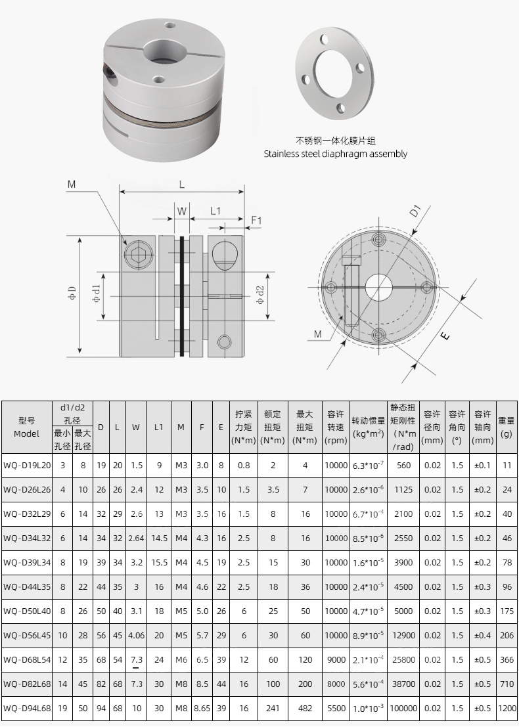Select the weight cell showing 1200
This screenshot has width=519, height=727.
pyautogui.click(x=507, y=708)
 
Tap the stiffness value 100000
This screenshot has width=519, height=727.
pyautogui.click(x=403, y=708)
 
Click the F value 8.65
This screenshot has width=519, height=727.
pyautogui.click(x=202, y=708)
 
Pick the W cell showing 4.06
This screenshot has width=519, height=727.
pyautogui.click(x=136, y=635)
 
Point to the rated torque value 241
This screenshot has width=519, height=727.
pyautogui.click(x=273, y=708)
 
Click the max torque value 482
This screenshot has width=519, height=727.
pyautogui.click(x=305, y=708)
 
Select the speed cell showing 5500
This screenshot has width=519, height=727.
pyautogui.click(x=336, y=708)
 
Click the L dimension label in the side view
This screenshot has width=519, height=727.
pyautogui.click(x=182, y=185)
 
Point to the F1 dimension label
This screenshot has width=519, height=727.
pyautogui.click(x=256, y=221)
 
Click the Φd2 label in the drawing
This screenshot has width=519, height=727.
pyautogui.click(x=260, y=296)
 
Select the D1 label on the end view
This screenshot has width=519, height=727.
pyautogui.click(x=415, y=211)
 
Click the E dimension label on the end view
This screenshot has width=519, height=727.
pyautogui.click(x=445, y=336)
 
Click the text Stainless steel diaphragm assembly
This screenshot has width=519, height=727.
pyautogui.click(x=335, y=154)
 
